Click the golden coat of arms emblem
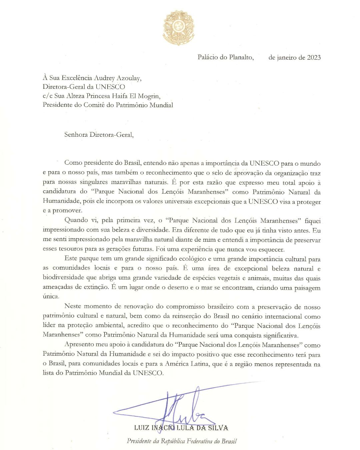click(178, 28)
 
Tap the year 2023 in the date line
click(314, 57)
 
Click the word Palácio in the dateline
click(209, 57)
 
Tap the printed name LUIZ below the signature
click(142, 428)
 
